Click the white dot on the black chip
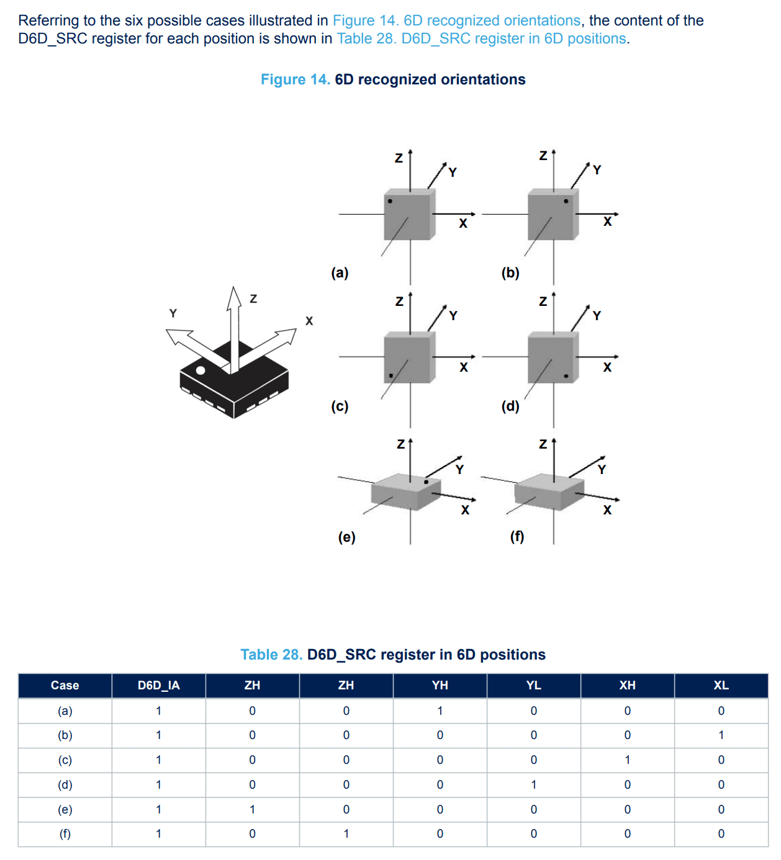(x=201, y=370)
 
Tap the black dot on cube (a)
(x=390, y=201)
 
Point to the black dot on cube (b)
(x=566, y=201)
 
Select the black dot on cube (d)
(x=566, y=376)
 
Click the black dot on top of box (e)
(x=426, y=482)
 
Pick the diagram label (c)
(x=340, y=406)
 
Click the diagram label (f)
(x=517, y=536)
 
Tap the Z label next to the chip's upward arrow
(x=254, y=298)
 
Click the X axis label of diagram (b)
(x=608, y=222)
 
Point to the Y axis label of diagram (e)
(x=459, y=470)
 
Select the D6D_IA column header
(x=159, y=685)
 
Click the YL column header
(x=534, y=685)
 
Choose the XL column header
(x=721, y=685)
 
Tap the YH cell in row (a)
(x=440, y=711)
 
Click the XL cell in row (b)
(x=721, y=735)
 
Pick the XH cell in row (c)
(x=628, y=759)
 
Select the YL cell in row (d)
(x=534, y=784)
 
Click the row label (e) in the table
(x=65, y=809)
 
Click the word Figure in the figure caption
(x=283, y=80)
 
